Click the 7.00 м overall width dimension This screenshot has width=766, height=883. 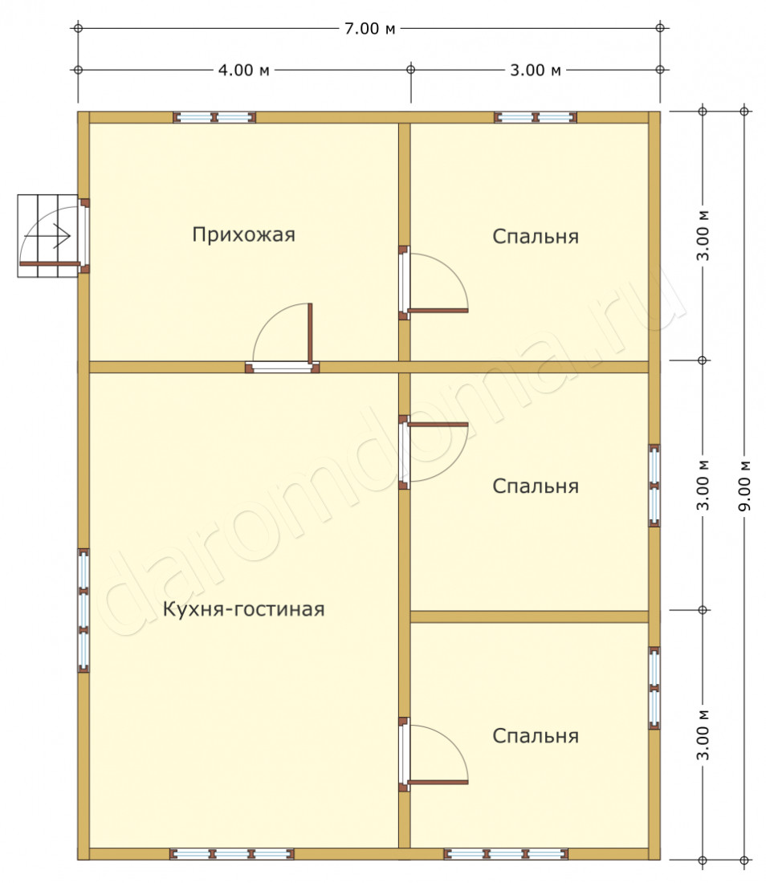point(369,28)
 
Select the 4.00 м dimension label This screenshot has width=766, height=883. point(244,70)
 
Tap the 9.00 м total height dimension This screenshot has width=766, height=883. point(744,486)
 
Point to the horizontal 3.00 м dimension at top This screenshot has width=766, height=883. point(535,70)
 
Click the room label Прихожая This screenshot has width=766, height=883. point(243,234)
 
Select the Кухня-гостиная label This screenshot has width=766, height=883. point(243,608)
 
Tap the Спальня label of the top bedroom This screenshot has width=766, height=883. point(535,237)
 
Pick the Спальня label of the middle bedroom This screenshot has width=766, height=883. point(535,486)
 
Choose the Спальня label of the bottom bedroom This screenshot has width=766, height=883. point(535,735)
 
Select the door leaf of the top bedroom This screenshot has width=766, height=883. point(438,311)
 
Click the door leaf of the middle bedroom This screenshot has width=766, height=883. point(438,425)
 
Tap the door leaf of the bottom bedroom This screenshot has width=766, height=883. point(438,782)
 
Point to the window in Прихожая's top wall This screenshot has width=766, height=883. point(214,117)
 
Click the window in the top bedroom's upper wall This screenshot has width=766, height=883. point(535,117)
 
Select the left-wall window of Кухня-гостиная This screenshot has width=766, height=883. point(84,610)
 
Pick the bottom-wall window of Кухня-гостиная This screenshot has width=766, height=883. point(231,854)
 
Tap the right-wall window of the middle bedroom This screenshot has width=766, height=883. point(654,486)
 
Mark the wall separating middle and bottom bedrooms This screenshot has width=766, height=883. point(529,616)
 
